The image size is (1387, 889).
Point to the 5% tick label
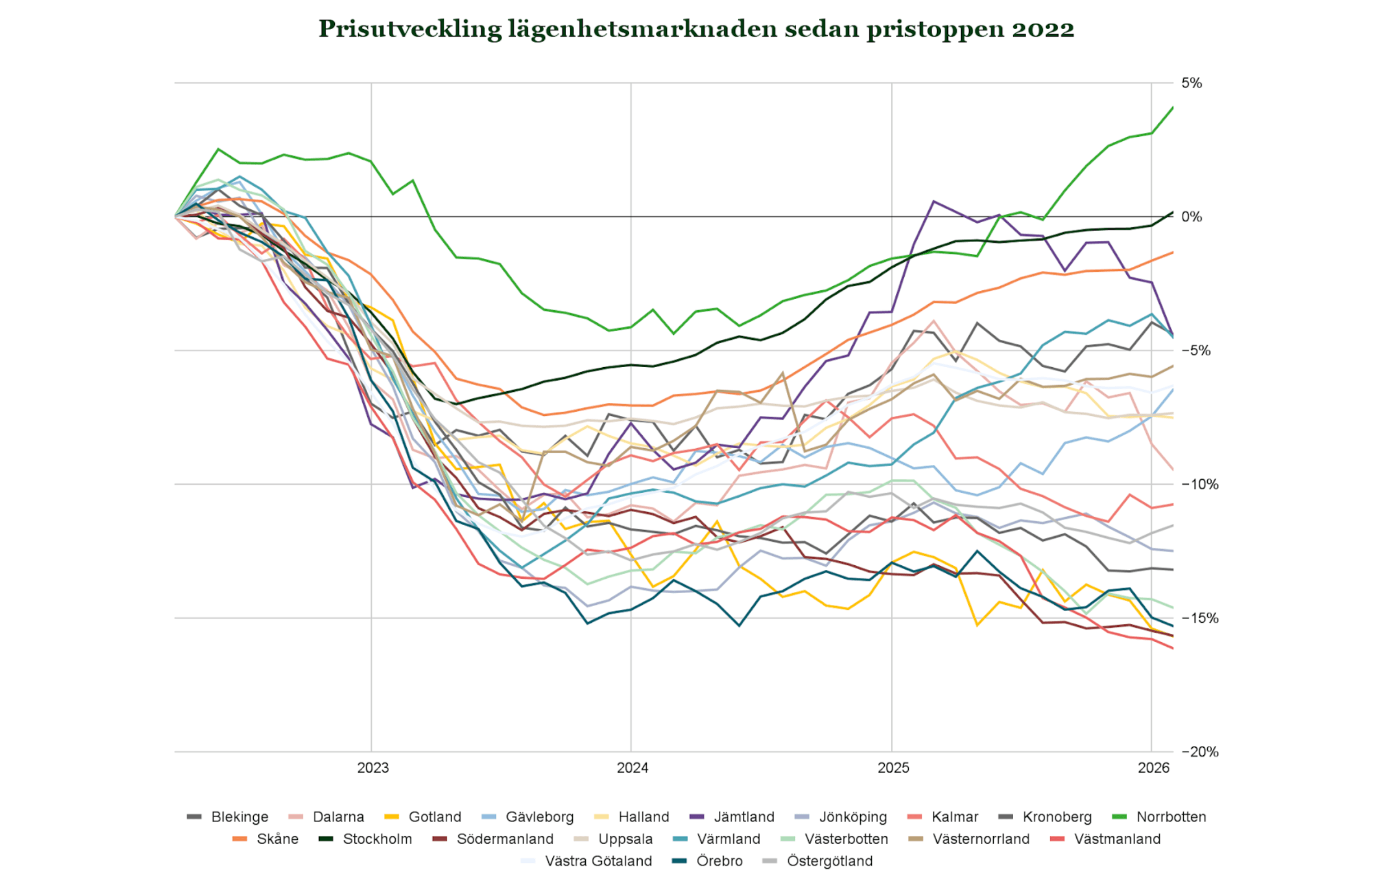pyautogui.click(x=1192, y=83)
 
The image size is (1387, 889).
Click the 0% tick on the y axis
pyautogui.click(x=1192, y=217)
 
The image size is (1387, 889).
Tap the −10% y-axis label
pyautogui.click(x=1200, y=484)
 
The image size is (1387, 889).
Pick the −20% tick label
pyautogui.click(x=1200, y=752)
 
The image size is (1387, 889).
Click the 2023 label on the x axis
pyautogui.click(x=373, y=768)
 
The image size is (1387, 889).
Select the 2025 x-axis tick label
pyautogui.click(x=894, y=768)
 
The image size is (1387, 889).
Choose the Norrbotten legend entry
pyautogui.click(x=1159, y=817)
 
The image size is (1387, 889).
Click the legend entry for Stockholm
pyautogui.click(x=365, y=839)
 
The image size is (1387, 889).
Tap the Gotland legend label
pyautogui.click(x=435, y=817)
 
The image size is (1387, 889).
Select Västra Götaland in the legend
pyautogui.click(x=586, y=861)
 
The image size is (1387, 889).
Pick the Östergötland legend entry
pyautogui.click(x=817, y=861)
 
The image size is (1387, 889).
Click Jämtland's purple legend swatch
pyautogui.click(x=697, y=817)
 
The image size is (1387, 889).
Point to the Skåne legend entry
pyautogui.click(x=265, y=839)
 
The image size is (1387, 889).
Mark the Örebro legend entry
pyautogui.click(x=707, y=861)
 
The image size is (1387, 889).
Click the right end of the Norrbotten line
pyautogui.click(x=1173, y=107)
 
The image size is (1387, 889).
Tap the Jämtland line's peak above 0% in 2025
pyautogui.click(x=933, y=201)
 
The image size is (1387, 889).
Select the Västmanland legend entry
pyautogui.click(x=1106, y=839)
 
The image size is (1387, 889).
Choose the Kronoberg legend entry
pyautogui.click(x=1045, y=817)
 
